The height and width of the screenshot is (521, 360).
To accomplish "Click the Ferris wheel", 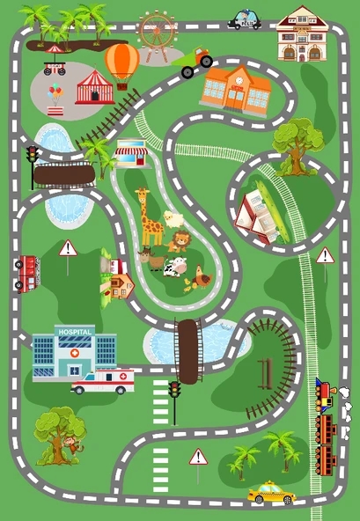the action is [x=157, y=31].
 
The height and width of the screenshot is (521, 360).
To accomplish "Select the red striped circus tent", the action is [x=94, y=88].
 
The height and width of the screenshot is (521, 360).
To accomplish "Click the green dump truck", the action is [x=196, y=62].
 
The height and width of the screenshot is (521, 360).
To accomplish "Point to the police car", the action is [x=244, y=19].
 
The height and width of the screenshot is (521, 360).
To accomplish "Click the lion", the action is [x=180, y=240].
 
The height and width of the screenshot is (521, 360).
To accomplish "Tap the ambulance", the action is [x=103, y=381].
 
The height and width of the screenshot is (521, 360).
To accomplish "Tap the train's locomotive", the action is [x=325, y=393].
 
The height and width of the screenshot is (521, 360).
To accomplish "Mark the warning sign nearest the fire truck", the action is [x=68, y=249].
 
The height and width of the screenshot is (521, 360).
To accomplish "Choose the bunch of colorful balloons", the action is [x=55, y=93].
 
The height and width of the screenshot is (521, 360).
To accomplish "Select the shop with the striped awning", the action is [x=131, y=153].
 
